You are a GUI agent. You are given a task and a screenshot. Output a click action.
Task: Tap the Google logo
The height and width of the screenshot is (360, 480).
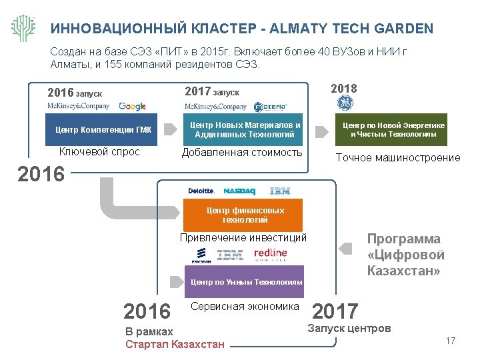click(x=133, y=107)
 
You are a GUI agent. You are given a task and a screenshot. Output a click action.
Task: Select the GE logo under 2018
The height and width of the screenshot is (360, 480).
click(x=345, y=103)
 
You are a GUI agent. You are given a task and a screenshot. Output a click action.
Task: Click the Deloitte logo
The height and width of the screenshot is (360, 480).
click(x=201, y=191)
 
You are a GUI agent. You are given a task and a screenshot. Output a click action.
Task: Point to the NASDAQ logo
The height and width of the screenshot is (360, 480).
click(x=239, y=191)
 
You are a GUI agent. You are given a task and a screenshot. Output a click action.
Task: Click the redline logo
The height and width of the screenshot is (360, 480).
click(x=270, y=254)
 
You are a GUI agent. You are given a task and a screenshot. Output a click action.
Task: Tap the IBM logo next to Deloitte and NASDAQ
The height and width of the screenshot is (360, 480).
click(x=280, y=191)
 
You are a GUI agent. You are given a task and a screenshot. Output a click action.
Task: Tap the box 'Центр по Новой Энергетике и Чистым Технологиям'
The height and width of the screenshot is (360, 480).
click(x=394, y=129)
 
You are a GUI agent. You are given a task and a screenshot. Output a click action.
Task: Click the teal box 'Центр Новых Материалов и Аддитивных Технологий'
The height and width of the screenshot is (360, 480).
click(x=245, y=129)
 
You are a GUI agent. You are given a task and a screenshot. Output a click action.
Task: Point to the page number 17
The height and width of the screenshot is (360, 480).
click(x=450, y=341)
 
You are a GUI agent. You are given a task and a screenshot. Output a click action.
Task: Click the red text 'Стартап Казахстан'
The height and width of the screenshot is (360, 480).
click(x=175, y=345)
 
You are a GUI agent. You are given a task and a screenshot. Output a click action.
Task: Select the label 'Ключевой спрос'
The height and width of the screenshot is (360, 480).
click(x=99, y=152)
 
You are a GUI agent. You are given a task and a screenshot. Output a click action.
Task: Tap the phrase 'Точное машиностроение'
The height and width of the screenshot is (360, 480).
click(x=398, y=158)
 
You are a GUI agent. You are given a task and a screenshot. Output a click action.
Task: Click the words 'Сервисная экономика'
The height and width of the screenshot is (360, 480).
click(x=245, y=307)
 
